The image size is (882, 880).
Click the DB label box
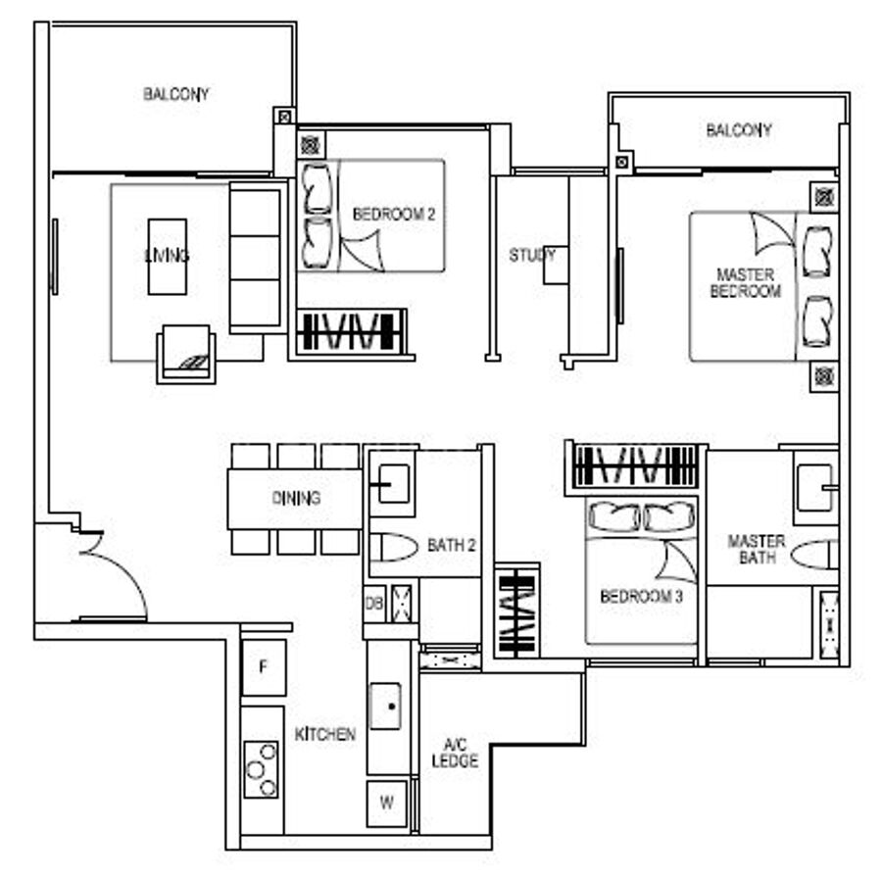point(374,604)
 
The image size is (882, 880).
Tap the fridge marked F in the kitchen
point(264,667)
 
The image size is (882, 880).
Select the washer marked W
point(386,803)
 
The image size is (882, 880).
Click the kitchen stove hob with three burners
point(261,769)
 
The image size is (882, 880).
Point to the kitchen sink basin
point(385,707)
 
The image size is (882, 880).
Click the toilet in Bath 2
point(393,547)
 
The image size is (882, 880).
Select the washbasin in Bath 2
point(393,483)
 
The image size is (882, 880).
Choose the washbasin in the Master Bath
point(815,487)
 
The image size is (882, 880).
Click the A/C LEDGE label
point(455,753)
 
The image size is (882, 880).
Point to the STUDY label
point(531,256)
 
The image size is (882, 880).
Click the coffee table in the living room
point(167,257)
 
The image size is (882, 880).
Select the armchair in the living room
point(186,354)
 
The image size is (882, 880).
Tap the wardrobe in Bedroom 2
point(351,332)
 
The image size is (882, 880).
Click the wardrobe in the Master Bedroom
point(635,466)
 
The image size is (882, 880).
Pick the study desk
point(556,265)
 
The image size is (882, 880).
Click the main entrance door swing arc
point(124,573)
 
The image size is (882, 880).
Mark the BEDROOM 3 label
point(641,596)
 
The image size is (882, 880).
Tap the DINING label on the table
point(296,498)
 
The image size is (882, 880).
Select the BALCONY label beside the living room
point(176,94)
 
